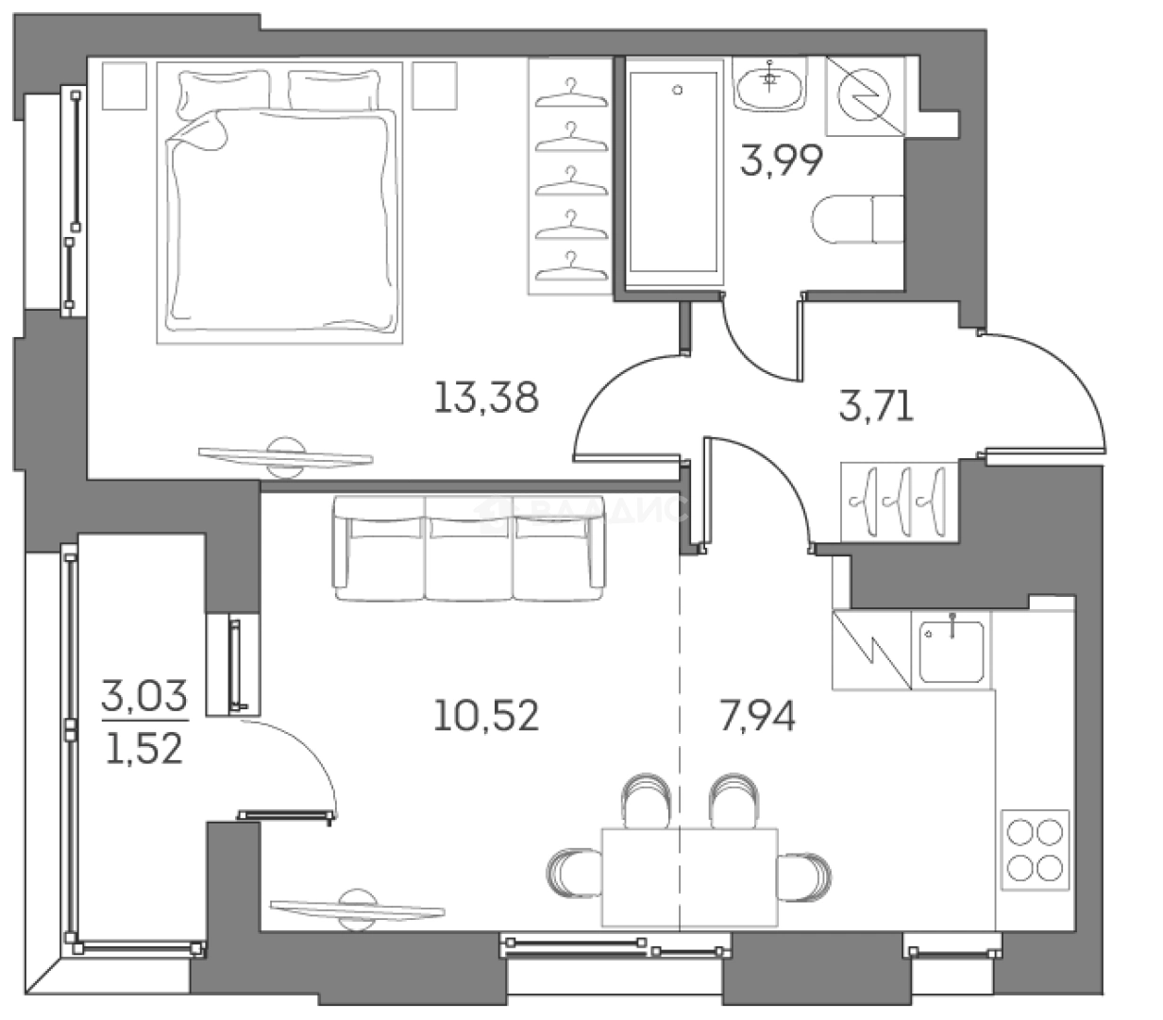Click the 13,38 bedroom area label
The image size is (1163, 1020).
486,398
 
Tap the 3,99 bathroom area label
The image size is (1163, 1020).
783,161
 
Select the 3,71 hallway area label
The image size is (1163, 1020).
877,409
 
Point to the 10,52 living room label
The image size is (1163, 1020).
486,716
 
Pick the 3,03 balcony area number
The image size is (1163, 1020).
144,700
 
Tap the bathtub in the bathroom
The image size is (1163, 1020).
677,172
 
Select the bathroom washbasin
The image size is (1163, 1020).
770,86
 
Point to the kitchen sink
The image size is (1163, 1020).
952,650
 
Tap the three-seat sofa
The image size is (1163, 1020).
468,550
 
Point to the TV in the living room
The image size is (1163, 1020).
358,909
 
